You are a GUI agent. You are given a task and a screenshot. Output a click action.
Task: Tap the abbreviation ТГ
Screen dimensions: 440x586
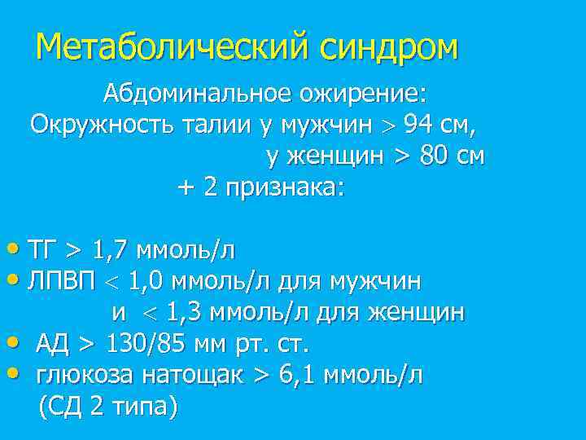point(40,249)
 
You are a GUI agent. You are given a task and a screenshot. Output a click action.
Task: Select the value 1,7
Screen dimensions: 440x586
point(113,249)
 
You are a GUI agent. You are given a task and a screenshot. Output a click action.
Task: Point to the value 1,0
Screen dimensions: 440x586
point(151,281)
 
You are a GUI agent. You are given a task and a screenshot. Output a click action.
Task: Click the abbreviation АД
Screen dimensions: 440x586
point(52,343)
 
